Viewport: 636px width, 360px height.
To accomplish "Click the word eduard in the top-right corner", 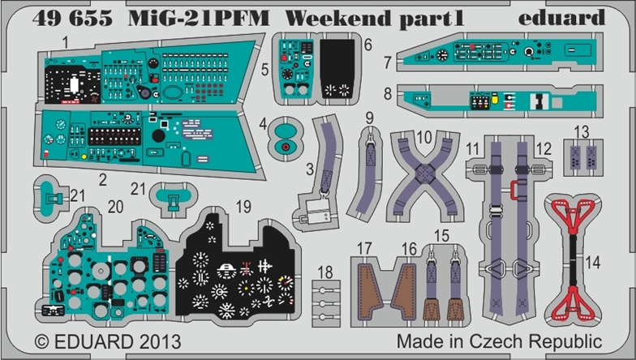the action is [561, 17].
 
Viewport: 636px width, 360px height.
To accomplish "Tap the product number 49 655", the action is [72, 18].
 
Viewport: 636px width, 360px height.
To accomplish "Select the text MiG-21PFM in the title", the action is [199, 18].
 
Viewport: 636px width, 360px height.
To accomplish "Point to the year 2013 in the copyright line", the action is [160, 342].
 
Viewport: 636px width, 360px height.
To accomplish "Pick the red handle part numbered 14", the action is [573, 259].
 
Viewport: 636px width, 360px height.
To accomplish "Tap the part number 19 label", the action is [243, 207].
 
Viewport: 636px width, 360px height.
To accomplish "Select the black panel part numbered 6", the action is [337, 68].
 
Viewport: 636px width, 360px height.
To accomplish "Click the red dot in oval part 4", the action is [286, 146].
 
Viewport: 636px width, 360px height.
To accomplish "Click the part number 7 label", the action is [388, 62].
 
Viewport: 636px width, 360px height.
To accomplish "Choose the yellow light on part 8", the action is [495, 98].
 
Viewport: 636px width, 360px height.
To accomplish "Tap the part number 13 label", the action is [581, 131].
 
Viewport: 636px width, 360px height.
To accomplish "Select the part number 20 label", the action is [115, 207].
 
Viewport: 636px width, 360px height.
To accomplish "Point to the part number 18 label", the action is [325, 272].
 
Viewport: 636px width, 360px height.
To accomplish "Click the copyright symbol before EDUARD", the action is [42, 342].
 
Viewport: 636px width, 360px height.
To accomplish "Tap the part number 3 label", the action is [310, 169].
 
